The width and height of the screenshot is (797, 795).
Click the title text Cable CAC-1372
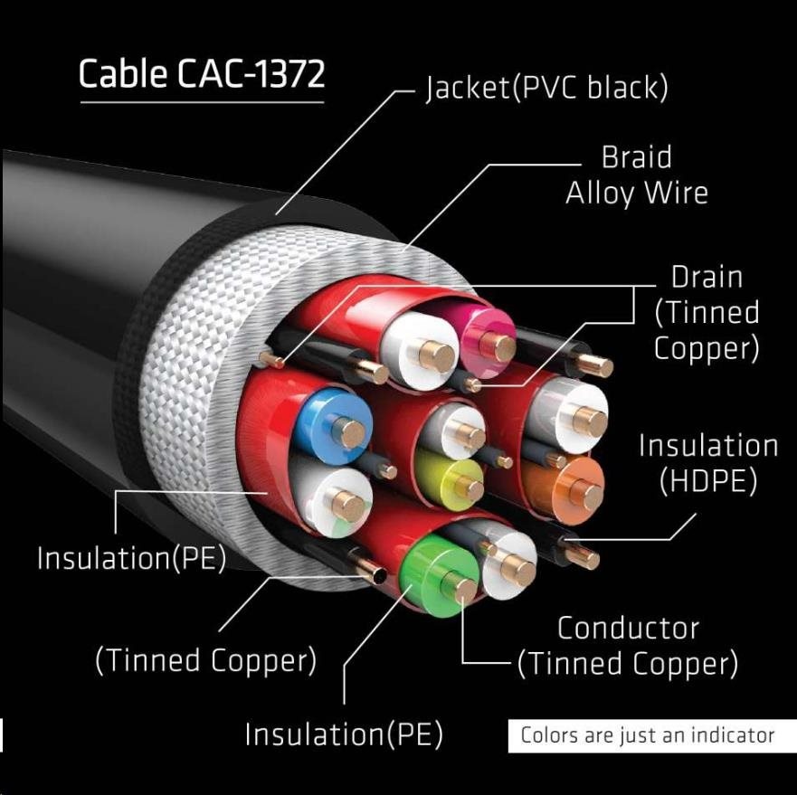pyautogui.click(x=201, y=74)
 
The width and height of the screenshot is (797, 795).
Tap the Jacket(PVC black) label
pyautogui.click(x=546, y=89)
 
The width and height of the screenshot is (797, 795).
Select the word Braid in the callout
pyautogui.click(x=637, y=156)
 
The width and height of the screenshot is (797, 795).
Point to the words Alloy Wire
pyautogui.click(x=636, y=193)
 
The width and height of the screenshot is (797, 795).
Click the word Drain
pyautogui.click(x=707, y=277)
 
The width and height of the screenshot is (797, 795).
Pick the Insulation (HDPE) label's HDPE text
pyautogui.click(x=707, y=481)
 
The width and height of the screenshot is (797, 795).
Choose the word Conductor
pyautogui.click(x=627, y=628)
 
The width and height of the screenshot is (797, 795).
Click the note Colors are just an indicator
pyautogui.click(x=647, y=735)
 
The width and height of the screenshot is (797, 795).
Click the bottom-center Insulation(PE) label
pyautogui.click(x=344, y=733)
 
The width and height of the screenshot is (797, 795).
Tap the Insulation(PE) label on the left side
pyautogui.click(x=131, y=558)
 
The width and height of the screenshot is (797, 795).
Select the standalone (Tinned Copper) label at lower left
pyautogui.click(x=206, y=661)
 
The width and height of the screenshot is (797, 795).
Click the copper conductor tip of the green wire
pyautogui.click(x=464, y=590)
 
